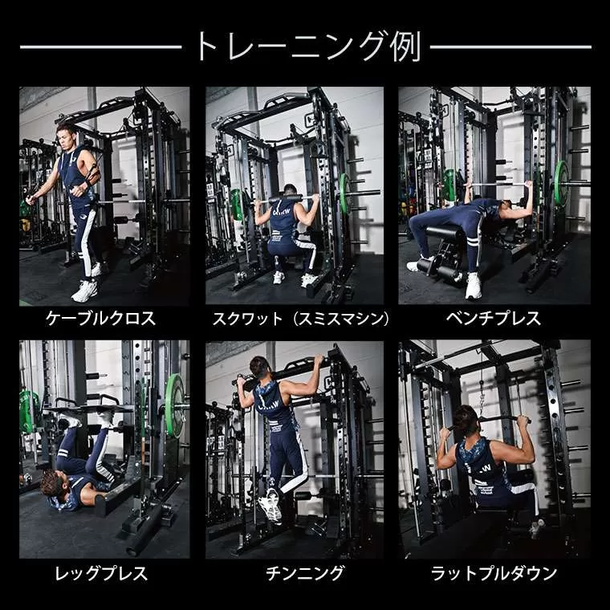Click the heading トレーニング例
tap(309, 47)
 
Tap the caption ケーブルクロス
tap(101, 319)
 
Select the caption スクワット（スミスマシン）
tap(300, 319)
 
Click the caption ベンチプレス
tap(494, 319)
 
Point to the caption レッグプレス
tap(101, 573)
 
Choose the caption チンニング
tap(305, 573)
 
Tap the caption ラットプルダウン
tap(494, 573)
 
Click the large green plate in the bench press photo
tap(560, 183)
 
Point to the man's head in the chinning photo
tap(259, 368)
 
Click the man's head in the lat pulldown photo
tap(466, 420)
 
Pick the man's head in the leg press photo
tap(53, 483)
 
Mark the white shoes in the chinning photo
tap(271, 506)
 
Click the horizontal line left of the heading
tap(101, 47)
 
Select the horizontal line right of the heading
tap(510, 47)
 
